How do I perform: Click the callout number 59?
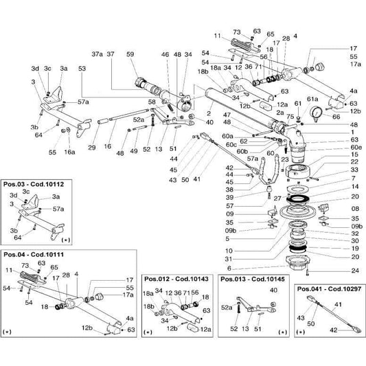coord(130,54)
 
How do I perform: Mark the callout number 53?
coord(82,69)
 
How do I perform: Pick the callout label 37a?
coord(97,54)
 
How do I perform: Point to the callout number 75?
coord(288,117)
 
